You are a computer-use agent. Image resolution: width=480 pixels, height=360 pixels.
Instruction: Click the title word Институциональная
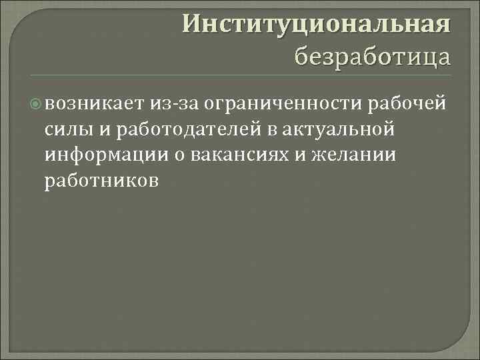click(317, 24)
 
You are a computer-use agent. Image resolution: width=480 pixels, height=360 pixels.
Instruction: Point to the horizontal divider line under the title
click(240, 73)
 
